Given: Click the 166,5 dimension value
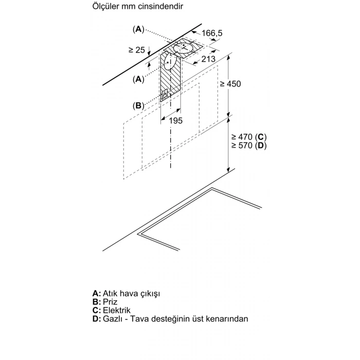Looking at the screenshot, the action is [212, 33].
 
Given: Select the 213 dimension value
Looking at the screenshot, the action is [208, 59].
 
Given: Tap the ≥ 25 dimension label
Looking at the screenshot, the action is [137, 50].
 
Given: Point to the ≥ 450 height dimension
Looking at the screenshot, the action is [230, 84].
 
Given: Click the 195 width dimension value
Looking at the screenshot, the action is [176, 120].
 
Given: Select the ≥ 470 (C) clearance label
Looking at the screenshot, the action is [249, 137].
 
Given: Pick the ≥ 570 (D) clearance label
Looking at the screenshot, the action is [249, 146].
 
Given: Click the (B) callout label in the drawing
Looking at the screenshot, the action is [138, 105].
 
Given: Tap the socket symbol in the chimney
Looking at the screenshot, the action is [165, 94].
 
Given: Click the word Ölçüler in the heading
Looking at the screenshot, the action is [105, 6].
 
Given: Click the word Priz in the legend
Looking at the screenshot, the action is [110, 302].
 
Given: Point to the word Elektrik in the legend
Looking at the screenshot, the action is [117, 310].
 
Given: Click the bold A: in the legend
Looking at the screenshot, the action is [97, 293].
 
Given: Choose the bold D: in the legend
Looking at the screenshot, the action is [97, 319].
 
